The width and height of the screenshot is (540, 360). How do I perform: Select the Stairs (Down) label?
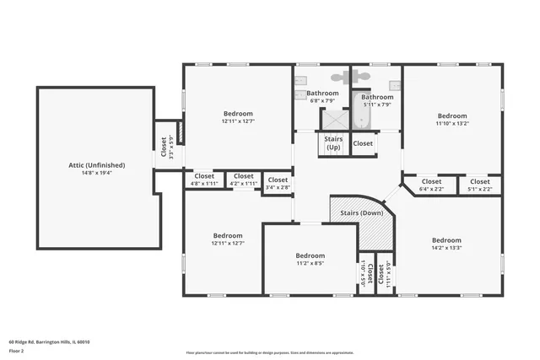360,214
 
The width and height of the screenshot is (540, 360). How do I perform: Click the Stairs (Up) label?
333,143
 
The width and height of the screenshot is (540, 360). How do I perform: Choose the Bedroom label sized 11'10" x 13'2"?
451,116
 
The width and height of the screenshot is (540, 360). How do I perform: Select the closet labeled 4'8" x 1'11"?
204,179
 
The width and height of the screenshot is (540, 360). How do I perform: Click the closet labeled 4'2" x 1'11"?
243,179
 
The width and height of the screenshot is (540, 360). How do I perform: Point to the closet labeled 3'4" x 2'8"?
278,182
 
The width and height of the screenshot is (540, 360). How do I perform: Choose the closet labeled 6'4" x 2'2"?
431,184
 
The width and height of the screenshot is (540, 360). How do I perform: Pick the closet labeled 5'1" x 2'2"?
479,184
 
